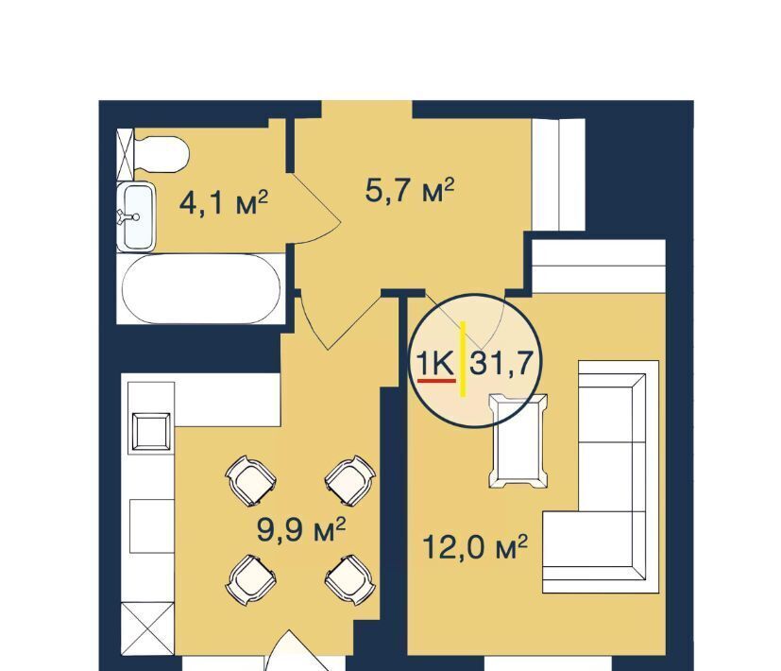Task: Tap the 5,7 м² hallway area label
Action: (410, 190)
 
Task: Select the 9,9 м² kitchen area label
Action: (301, 529)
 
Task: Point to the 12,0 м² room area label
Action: (475, 547)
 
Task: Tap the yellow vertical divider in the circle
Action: (463, 359)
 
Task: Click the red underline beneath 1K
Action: (436, 380)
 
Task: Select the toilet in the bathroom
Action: (161, 154)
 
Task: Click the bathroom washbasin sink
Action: (137, 216)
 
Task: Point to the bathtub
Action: (201, 289)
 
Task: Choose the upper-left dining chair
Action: (251, 480)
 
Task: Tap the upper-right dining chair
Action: (349, 480)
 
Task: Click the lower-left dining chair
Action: (251, 579)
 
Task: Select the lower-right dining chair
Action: (349, 579)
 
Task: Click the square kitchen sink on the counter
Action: (151, 431)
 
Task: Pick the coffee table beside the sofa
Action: (518, 440)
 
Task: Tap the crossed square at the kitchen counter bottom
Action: (147, 628)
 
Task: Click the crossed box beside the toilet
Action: (126, 154)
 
